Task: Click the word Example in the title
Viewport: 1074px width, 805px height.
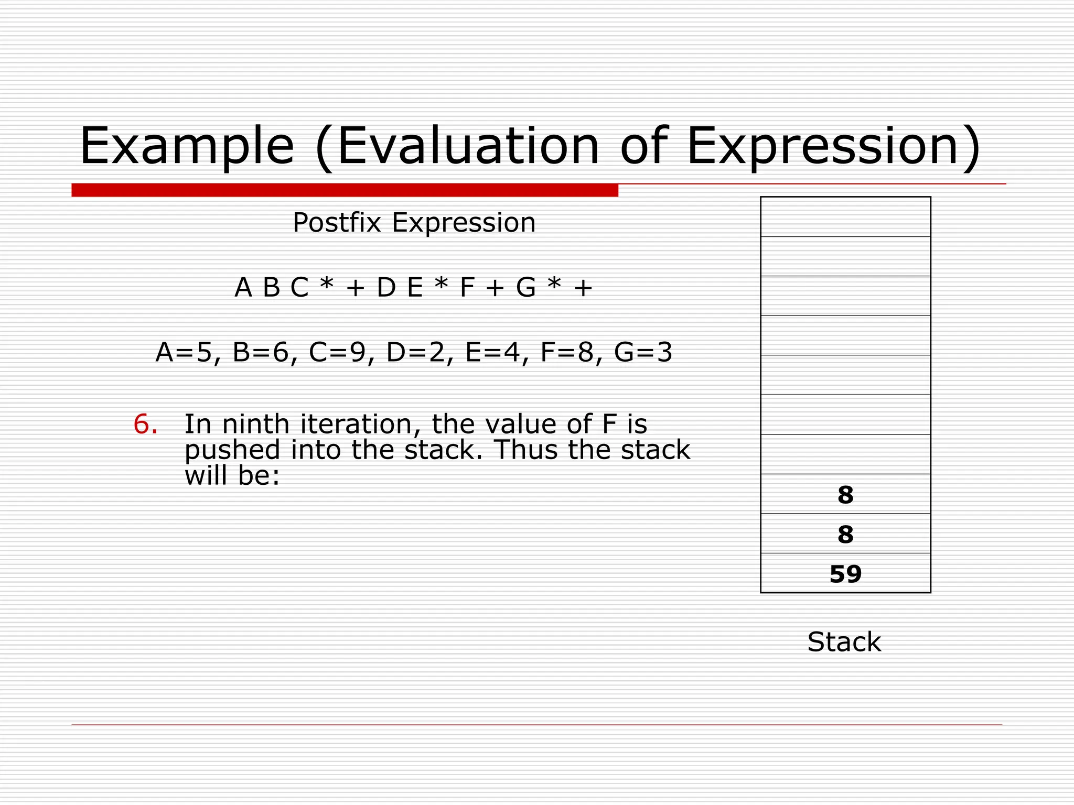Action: coord(187,146)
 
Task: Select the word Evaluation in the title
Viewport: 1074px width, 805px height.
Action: coord(468,146)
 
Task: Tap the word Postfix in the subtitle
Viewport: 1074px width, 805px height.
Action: coord(337,223)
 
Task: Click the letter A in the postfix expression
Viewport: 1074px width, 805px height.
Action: coord(243,288)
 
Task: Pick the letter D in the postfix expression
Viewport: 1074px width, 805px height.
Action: coord(386,288)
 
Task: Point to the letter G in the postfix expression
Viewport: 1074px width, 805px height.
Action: coord(526,288)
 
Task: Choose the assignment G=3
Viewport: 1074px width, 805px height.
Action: coord(643,353)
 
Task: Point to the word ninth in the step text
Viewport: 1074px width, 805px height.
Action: coord(255,424)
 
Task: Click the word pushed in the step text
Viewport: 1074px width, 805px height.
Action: coord(232,450)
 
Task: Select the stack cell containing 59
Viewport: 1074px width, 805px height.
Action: coord(845,574)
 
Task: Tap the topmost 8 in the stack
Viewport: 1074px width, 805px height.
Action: coord(845,495)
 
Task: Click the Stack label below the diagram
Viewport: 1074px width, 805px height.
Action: coord(844,642)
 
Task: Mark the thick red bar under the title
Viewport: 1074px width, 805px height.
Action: coord(345,190)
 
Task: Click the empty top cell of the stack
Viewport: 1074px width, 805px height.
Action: coord(845,217)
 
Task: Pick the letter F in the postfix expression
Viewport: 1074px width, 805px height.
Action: coord(467,288)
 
